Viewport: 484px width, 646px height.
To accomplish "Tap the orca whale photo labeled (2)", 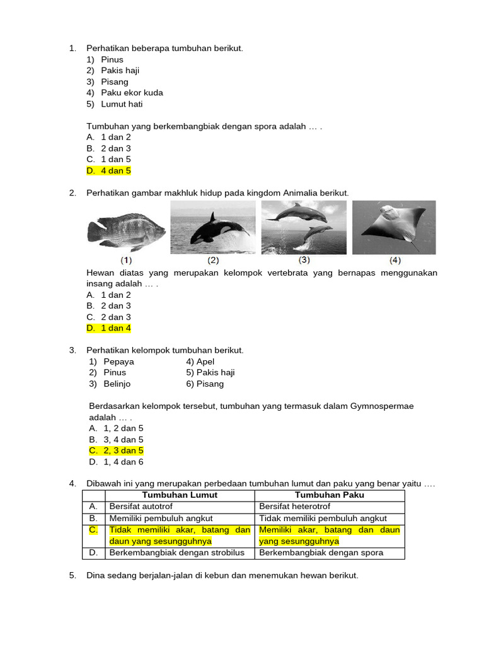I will coord(213,227).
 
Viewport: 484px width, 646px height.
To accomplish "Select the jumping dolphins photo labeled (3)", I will coord(304,227).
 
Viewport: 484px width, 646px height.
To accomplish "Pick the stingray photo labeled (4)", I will coord(394,227).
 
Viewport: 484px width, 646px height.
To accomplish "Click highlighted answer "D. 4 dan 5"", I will coord(108,170).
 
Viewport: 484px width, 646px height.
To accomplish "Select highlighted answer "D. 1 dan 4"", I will coord(108,328).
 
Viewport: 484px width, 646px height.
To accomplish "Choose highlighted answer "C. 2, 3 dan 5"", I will coord(117,450).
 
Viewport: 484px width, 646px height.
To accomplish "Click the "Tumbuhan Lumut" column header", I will coord(180,495).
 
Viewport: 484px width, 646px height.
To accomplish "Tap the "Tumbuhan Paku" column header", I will coord(330,495).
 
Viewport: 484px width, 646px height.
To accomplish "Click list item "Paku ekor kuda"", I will coord(132,93).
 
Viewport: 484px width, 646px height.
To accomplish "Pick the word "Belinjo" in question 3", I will coord(117,384).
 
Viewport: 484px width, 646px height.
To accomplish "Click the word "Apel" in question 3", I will coord(205,361).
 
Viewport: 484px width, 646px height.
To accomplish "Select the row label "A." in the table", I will coord(93,507).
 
